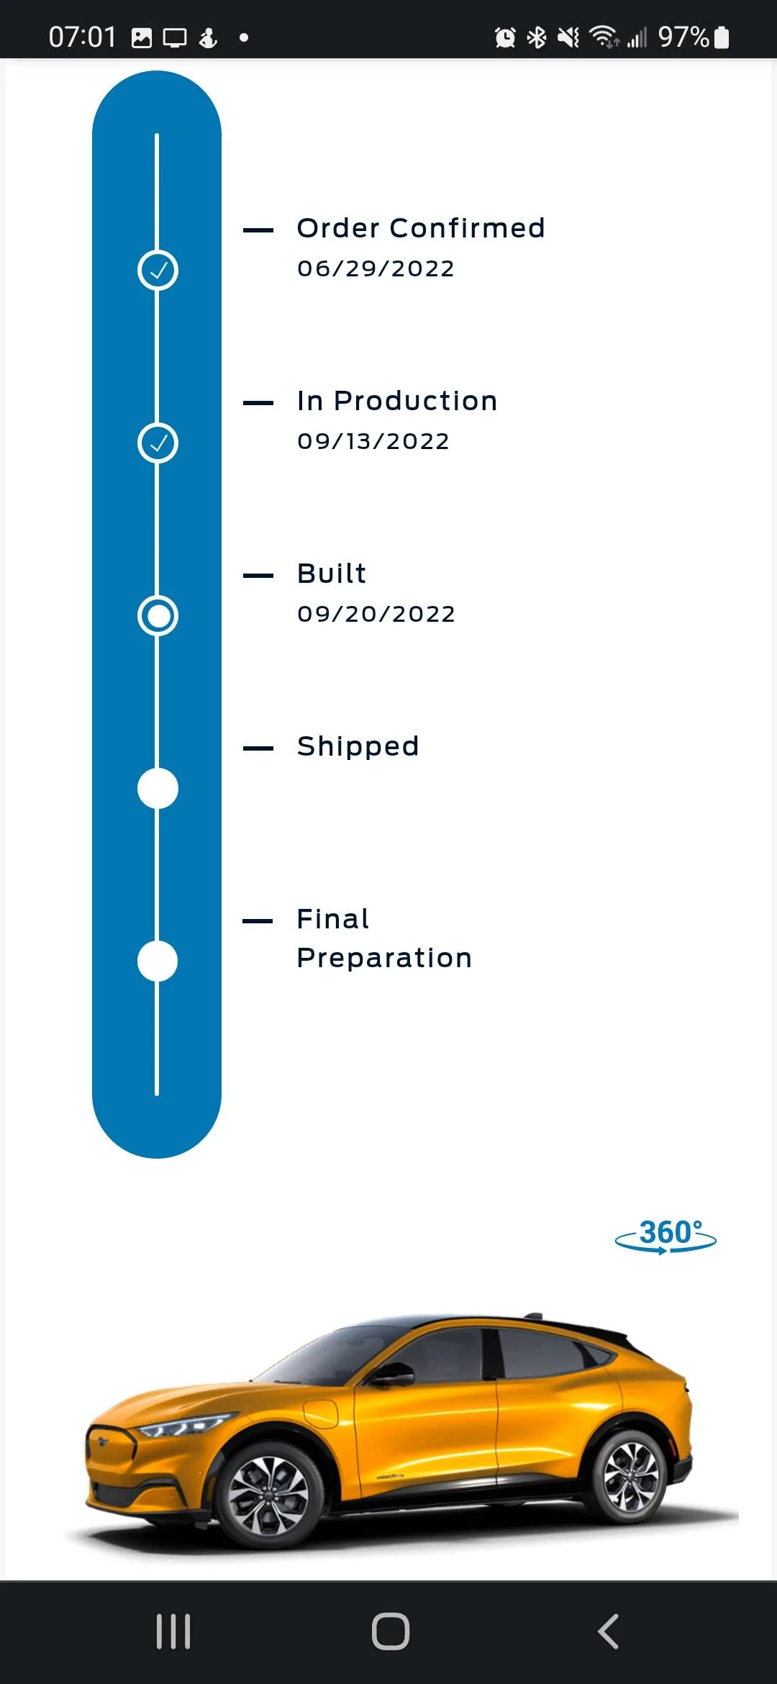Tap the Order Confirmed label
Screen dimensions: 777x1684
click(421, 228)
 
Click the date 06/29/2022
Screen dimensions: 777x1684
click(376, 268)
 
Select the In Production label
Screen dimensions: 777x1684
click(397, 401)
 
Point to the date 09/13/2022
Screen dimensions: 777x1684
click(373, 441)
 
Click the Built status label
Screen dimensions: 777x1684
click(332, 574)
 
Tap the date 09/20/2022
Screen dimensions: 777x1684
click(376, 614)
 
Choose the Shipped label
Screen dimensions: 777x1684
click(358, 747)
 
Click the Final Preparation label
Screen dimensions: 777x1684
click(384, 938)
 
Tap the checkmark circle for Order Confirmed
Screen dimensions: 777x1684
click(158, 271)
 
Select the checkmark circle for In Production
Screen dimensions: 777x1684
click(158, 443)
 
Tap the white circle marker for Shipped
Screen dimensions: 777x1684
click(158, 788)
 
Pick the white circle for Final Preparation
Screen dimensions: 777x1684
click(158, 961)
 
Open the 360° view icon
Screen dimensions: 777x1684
click(665, 1235)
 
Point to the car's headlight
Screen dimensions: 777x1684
click(183, 1425)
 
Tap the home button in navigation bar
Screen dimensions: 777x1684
click(391, 1631)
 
